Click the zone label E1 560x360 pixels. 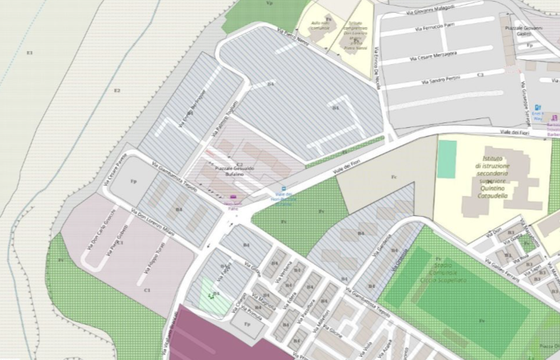point(30,53)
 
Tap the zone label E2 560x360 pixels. point(117,90)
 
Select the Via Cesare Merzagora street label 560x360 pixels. point(433,58)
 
